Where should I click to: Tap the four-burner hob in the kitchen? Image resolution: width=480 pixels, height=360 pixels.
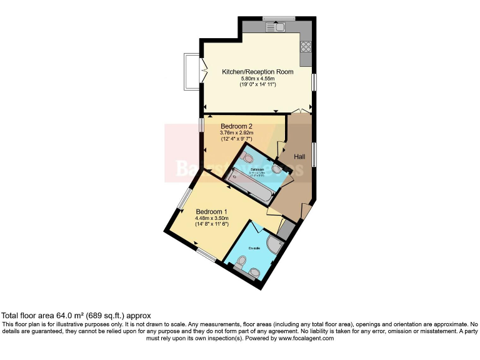[x=306, y=46]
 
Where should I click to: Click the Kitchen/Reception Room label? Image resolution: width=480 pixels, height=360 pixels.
[x=257, y=72]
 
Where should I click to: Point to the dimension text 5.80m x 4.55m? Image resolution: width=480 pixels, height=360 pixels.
[x=257, y=78]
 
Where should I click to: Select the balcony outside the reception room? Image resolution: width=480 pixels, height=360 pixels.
[x=190, y=72]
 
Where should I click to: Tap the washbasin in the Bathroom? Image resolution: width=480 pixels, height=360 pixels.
[x=277, y=167]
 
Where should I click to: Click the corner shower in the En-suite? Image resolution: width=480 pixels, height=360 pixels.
[x=274, y=244]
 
